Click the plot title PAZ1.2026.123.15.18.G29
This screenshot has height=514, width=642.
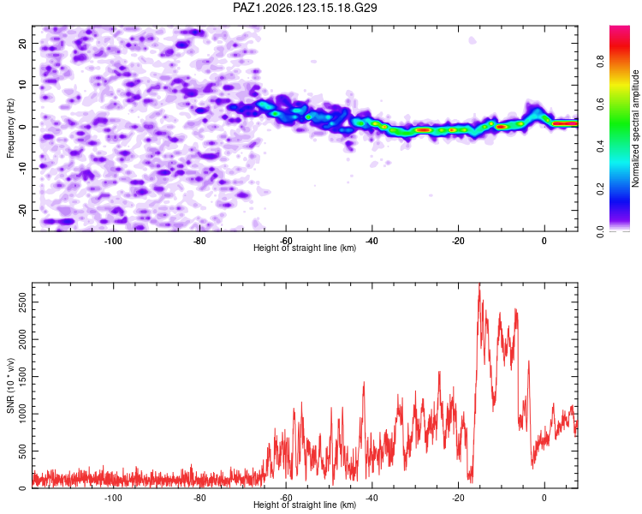pos(305,8)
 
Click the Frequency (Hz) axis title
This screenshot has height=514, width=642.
pos(10,128)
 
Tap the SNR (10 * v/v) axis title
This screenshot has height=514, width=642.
pos(10,385)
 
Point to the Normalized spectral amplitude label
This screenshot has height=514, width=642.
pos(635,128)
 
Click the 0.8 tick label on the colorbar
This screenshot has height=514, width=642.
pos(600,62)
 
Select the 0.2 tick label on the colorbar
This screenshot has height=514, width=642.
pos(600,189)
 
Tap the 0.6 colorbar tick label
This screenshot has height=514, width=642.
pos(600,105)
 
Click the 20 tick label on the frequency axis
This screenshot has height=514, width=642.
pos(23,43)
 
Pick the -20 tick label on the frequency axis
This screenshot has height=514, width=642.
pos(23,210)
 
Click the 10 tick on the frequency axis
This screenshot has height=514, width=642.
pos(23,85)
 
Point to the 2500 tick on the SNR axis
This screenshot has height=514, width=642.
pos(23,302)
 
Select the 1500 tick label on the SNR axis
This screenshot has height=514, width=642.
pos(23,377)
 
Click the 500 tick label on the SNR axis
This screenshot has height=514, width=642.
pos(23,451)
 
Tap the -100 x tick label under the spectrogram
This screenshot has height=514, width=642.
pos(113,241)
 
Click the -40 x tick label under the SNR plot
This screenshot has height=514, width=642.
pos(372,498)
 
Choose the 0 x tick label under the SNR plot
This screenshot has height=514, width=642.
pos(544,498)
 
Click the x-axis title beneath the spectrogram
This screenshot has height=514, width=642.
pos(305,248)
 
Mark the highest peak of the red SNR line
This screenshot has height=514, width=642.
pos(479,284)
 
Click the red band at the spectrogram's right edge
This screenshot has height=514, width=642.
pos(565,123)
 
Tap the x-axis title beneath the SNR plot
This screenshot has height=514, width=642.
pos(305,505)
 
